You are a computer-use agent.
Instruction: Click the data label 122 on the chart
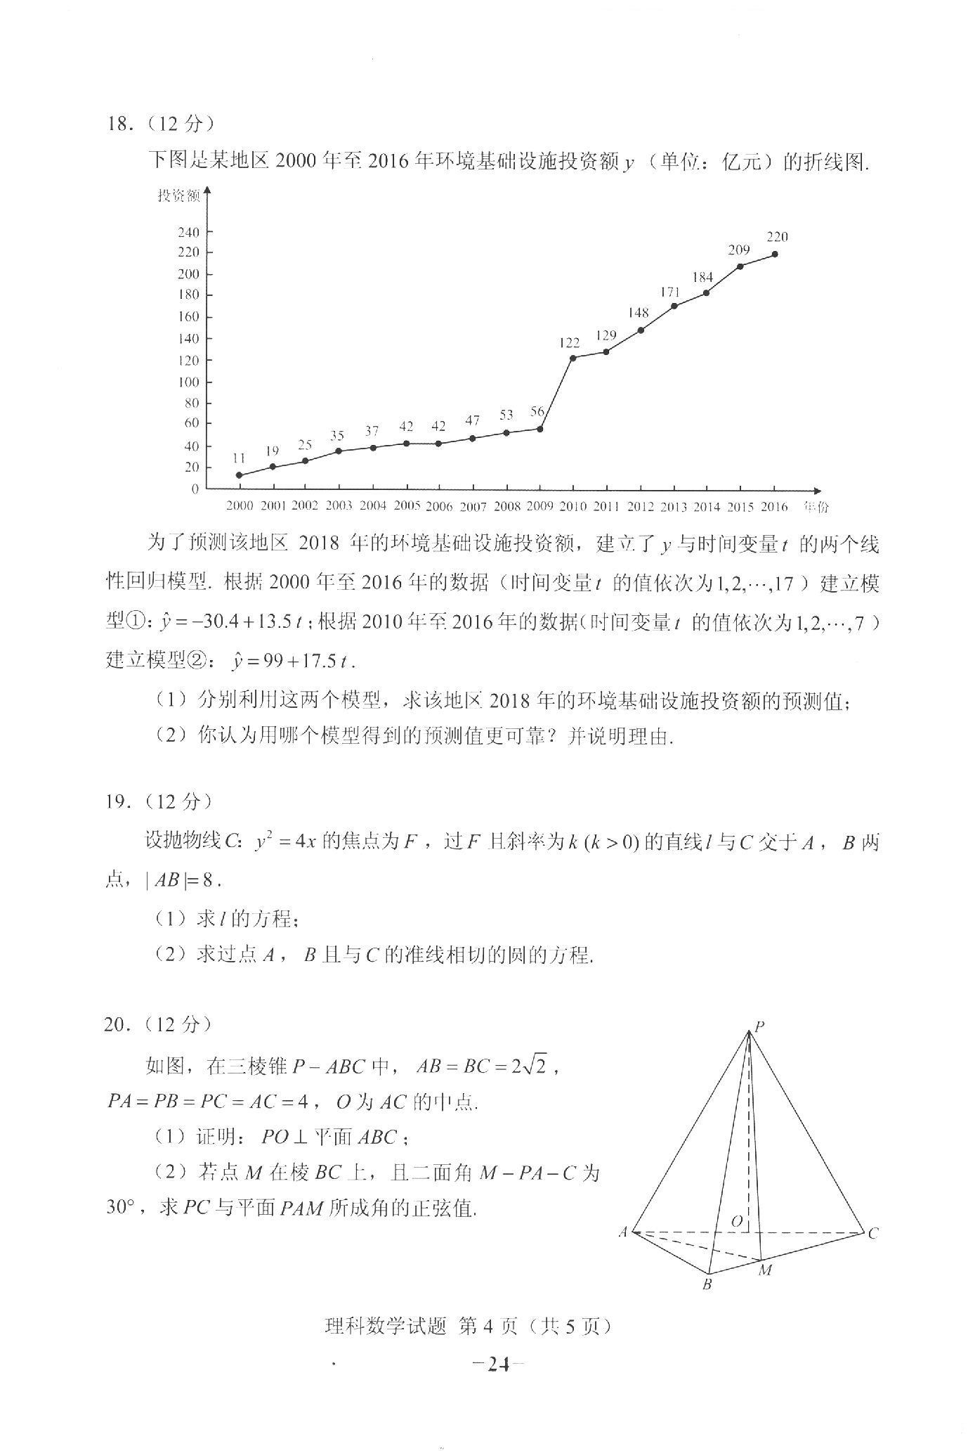click(x=570, y=343)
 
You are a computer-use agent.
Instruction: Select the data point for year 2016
click(x=775, y=254)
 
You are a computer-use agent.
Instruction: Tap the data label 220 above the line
click(x=777, y=237)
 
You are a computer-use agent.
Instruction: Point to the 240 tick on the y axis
click(x=189, y=232)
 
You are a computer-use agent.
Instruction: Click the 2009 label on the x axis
click(x=539, y=505)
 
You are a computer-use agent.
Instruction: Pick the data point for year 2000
click(x=240, y=475)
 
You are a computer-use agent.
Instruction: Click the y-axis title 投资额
click(x=178, y=196)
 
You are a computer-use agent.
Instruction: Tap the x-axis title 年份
click(x=816, y=507)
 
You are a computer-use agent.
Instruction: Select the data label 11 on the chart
click(x=239, y=458)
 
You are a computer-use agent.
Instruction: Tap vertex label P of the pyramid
click(x=759, y=1026)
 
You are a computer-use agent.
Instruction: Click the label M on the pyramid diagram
click(x=765, y=1270)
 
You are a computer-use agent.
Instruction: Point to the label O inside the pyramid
click(x=736, y=1221)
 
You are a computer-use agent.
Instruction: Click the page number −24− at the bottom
click(x=499, y=1365)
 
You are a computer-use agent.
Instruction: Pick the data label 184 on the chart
click(x=702, y=278)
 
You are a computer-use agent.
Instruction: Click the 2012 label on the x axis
click(x=640, y=506)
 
